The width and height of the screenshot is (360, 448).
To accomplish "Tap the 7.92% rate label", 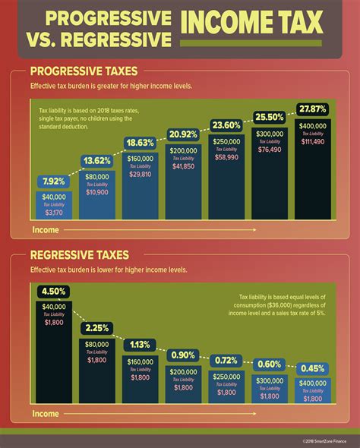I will (52, 181).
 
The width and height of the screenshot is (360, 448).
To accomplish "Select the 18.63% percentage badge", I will (140, 142).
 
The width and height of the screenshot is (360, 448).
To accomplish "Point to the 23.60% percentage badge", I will (227, 125).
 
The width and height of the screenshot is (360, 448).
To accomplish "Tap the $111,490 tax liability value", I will (313, 143).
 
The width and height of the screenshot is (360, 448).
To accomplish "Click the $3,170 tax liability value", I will (52, 213).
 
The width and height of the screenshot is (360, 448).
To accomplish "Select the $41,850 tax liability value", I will (183, 166).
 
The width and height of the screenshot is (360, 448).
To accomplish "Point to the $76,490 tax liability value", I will (270, 150).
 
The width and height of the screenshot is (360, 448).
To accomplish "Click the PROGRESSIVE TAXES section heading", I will (82, 71).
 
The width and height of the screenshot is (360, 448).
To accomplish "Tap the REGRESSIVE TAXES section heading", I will (79, 255).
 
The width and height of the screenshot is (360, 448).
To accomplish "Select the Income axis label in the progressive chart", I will (46, 229).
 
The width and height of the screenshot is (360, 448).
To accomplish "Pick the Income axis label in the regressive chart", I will (46, 415).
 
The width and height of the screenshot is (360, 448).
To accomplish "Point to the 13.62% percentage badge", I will (96, 161).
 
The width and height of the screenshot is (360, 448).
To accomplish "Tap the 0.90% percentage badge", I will (183, 354).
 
